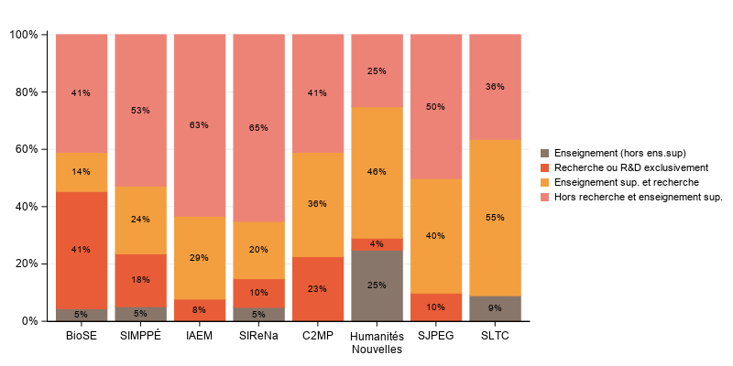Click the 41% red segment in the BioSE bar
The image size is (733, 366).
point(82,250)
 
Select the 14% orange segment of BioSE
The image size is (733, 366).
point(82,172)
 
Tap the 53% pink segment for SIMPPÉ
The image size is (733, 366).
point(140,111)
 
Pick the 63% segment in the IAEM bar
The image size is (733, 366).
point(199,125)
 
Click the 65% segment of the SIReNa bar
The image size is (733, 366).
point(258,128)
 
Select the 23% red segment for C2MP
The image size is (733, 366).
point(317,288)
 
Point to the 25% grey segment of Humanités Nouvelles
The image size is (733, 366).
point(376,285)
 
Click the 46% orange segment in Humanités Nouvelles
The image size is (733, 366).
point(376,172)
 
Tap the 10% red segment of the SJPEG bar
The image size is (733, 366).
point(435,307)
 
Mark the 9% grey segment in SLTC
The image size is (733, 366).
point(495,308)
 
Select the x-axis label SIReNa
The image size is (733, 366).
point(258,336)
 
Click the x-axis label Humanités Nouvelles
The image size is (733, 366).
point(376,342)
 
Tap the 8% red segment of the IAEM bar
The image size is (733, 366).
point(199,310)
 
